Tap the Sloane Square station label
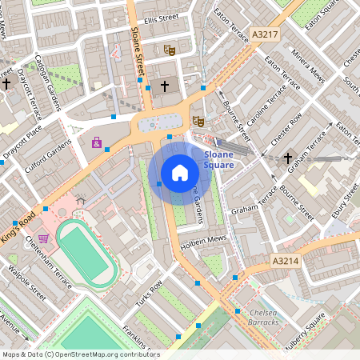click(219, 159)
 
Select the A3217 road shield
click(264, 35)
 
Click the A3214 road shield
click(285, 261)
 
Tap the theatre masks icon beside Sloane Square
click(198, 121)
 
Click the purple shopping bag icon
click(98, 143)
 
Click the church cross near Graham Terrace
click(289, 158)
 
